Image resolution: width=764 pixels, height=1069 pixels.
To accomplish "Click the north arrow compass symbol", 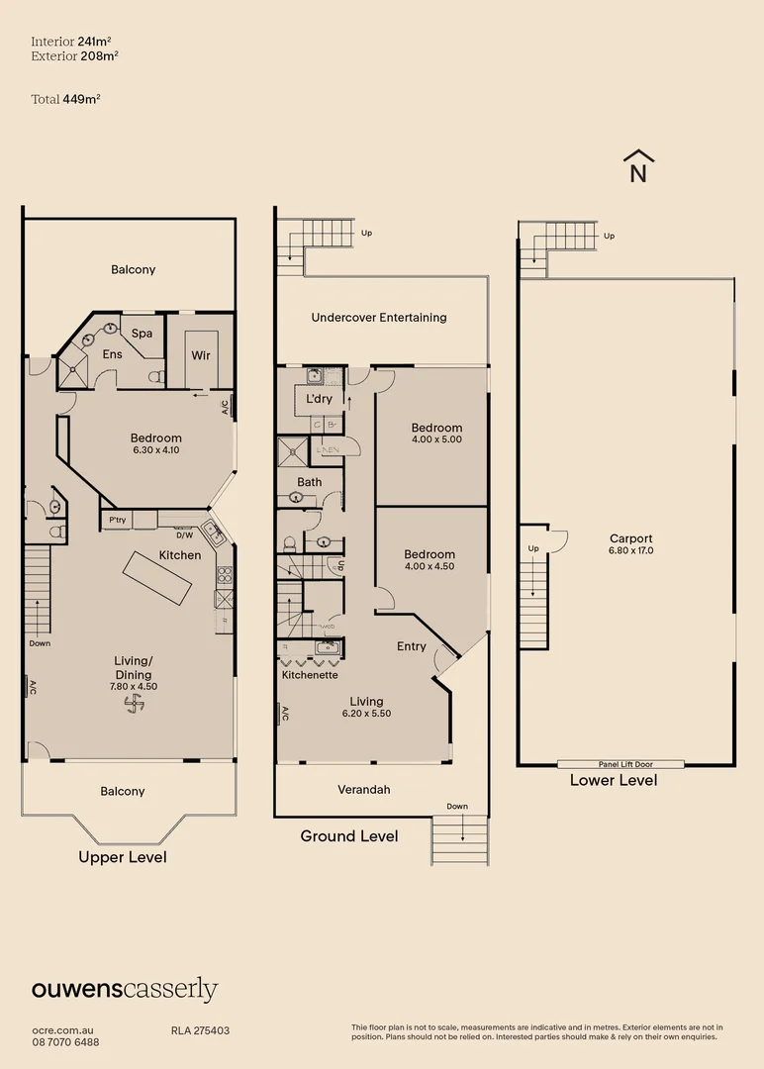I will click(639, 167).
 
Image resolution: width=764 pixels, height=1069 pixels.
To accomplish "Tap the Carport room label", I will click(630, 538).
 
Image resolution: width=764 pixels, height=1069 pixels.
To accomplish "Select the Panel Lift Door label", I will click(620, 764).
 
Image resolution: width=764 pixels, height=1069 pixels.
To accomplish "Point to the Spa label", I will click(142, 334).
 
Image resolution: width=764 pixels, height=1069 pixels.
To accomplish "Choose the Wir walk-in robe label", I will click(201, 355).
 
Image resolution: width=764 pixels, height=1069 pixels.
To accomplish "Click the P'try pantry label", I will click(117, 520).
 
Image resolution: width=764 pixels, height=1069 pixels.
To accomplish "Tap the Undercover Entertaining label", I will click(379, 318).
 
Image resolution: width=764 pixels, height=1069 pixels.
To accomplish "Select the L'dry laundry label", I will click(319, 399).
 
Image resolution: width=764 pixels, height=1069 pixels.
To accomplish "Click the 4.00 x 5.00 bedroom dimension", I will click(436, 439).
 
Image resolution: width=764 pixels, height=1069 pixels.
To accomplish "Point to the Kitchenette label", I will click(310, 675).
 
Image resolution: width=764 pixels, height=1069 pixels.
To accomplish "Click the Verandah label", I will click(365, 789).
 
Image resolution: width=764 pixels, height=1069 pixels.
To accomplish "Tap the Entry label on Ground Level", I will click(412, 646).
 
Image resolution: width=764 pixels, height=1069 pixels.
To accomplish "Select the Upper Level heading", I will click(123, 857).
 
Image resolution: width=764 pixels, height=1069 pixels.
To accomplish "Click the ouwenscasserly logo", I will click(125, 989).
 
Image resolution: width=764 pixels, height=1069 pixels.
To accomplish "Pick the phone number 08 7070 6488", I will click(65, 1042).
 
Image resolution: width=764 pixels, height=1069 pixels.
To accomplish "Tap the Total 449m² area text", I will click(66, 99).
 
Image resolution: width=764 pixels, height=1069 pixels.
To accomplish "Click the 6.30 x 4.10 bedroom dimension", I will click(156, 450).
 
